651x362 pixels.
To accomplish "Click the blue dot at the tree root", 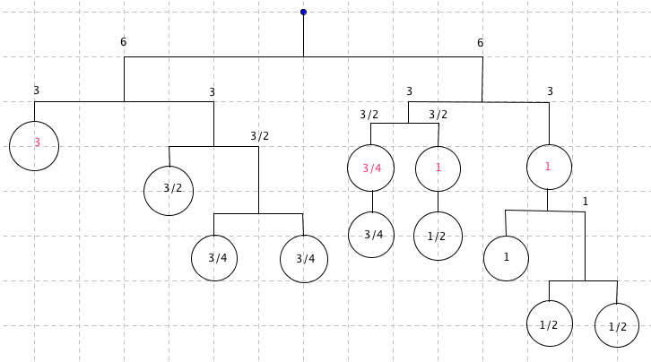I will pyautogui.click(x=303, y=12).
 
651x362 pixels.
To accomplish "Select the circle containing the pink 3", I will pyautogui.click(x=34, y=145).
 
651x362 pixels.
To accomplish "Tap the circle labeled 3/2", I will pyautogui.click(x=169, y=190).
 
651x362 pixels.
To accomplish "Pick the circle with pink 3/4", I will pyautogui.click(x=371, y=168).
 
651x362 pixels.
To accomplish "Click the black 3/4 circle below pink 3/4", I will pyautogui.click(x=371, y=235).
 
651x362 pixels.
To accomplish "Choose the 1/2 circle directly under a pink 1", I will pyautogui.click(x=438, y=237).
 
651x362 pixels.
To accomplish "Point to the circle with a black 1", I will pyautogui.click(x=506, y=258).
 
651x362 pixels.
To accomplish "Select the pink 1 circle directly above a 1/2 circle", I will pyautogui.click(x=438, y=168).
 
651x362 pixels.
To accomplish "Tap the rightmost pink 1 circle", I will pyautogui.click(x=548, y=168).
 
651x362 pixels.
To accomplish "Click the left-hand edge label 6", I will pyautogui.click(x=123, y=42).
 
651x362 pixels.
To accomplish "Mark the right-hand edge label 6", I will pyautogui.click(x=480, y=43).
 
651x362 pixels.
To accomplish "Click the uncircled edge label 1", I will pyautogui.click(x=586, y=201).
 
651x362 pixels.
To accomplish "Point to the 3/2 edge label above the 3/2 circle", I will pyautogui.click(x=259, y=136).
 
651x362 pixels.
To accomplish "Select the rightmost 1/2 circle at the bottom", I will pyautogui.click(x=617, y=325).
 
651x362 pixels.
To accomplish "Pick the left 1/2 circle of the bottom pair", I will pyautogui.click(x=549, y=323).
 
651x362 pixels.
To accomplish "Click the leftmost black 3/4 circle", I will pyautogui.click(x=214, y=258).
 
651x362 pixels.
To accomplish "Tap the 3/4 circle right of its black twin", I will pyautogui.click(x=304, y=259).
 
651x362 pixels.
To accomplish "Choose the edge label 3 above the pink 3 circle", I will pyautogui.click(x=36, y=90).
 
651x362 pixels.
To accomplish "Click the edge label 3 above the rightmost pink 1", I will pyautogui.click(x=550, y=91).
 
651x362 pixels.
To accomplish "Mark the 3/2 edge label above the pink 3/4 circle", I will pyautogui.click(x=369, y=115).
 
